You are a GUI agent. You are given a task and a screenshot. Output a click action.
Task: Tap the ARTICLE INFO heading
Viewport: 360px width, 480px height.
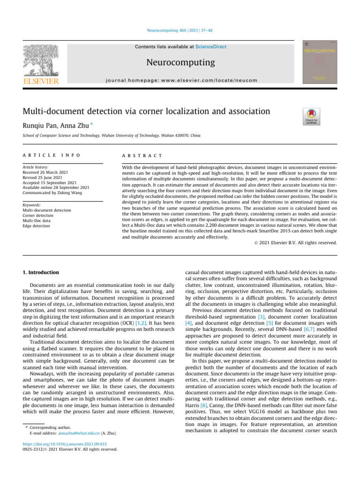click(45, 155)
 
